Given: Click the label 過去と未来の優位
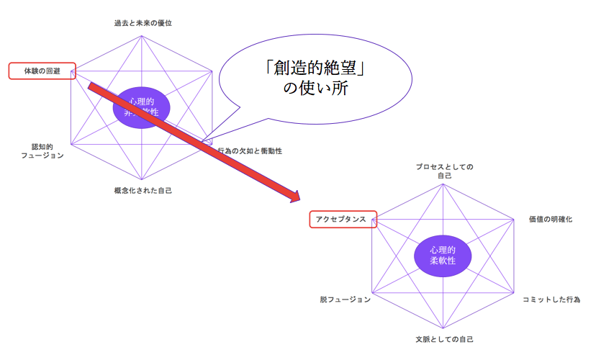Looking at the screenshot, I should point(143,23).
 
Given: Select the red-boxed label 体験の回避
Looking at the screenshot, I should point(42,71).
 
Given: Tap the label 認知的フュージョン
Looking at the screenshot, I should point(42,150).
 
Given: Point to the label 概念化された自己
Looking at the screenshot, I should point(143,191).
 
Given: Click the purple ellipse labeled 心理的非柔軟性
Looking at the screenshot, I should point(142,107).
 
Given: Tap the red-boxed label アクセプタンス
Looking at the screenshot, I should point(343,219).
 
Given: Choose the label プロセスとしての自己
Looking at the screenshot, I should point(444,171).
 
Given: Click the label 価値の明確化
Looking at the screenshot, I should point(550,219).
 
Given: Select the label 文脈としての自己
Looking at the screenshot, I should point(444,338).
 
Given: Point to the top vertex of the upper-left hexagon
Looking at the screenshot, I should point(142,32).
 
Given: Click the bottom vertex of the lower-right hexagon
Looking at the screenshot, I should point(443,330).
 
